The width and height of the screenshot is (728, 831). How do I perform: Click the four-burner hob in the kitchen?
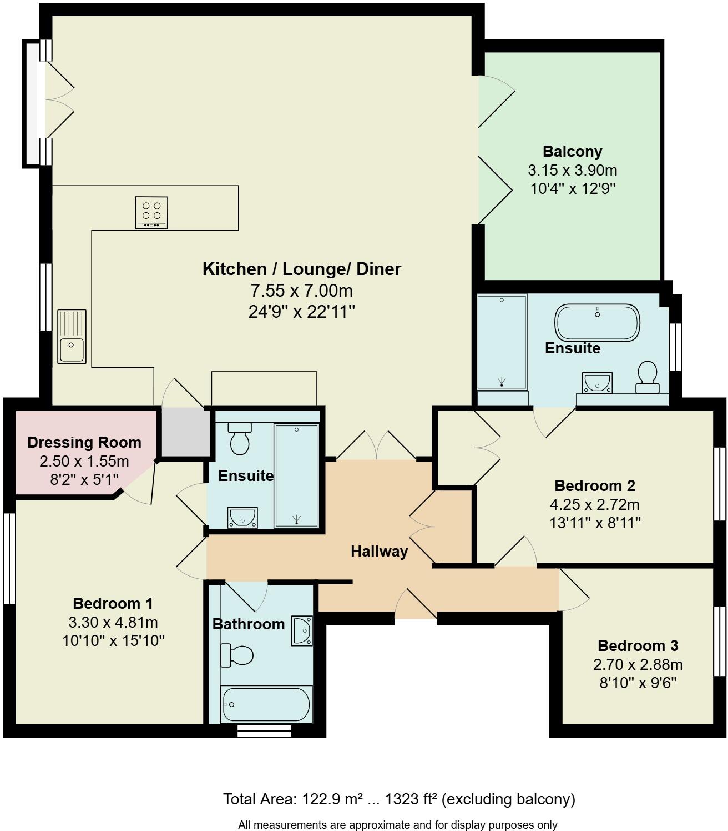coord(151,212)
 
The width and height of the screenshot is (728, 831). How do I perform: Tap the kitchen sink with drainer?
coord(72,337)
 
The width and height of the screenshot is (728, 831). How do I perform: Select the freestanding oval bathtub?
coord(597,322)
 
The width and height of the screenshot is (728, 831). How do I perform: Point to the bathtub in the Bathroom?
coord(266,704)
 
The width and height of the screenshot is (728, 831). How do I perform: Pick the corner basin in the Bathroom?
coord(302,630)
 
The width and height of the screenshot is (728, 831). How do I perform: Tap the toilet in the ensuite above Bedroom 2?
coord(647,377)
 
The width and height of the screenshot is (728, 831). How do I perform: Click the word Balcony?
coord(572,152)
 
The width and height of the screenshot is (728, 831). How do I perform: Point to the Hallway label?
coord(379,552)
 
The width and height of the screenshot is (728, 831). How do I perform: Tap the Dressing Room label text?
coord(84,443)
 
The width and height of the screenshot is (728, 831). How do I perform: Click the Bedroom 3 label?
coord(638,645)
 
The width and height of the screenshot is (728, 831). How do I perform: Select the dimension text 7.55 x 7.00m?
coord(301,291)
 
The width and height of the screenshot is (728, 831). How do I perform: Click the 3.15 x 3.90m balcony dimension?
coord(572,171)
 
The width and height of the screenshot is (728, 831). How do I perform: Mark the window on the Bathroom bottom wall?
coord(264,731)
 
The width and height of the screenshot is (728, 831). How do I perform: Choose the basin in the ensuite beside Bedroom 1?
coord(242,517)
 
